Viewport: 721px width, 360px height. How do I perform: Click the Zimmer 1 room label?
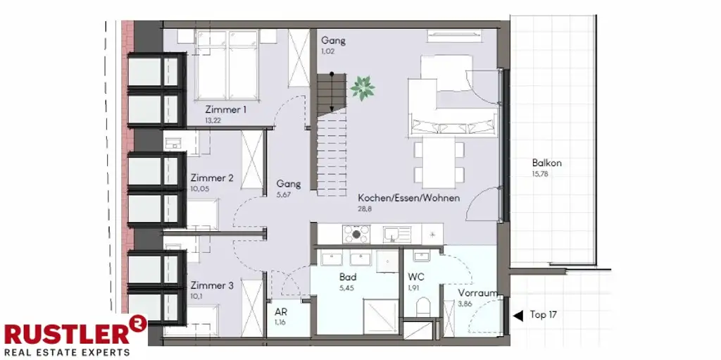click(226, 110)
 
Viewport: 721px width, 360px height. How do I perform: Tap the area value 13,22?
click(213, 120)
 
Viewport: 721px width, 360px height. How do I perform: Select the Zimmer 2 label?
click(212, 178)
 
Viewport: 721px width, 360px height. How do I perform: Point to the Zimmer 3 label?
click(212, 285)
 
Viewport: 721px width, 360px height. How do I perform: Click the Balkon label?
click(546, 163)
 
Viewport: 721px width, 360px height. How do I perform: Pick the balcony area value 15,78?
click(540, 174)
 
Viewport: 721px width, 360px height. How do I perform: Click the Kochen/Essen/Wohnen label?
click(409, 199)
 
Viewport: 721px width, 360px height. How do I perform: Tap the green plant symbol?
click(363, 88)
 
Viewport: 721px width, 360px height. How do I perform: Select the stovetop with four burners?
click(356, 233)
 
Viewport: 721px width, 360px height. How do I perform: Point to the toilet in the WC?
click(422, 306)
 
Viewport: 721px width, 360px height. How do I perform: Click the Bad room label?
click(348, 277)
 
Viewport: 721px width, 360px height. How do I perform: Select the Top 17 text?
click(544, 315)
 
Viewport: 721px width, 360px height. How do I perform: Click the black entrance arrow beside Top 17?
click(518, 316)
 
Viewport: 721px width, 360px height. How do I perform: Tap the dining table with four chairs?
click(439, 162)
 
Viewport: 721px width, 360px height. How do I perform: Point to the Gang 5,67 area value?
click(283, 194)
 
